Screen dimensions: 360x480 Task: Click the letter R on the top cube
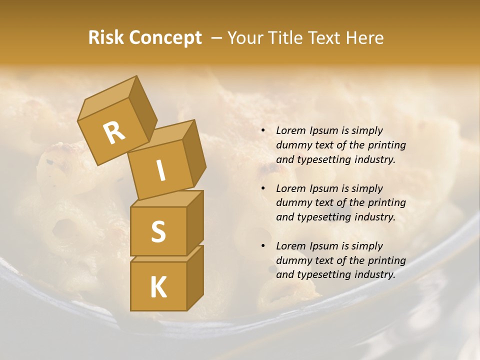tap(114, 133)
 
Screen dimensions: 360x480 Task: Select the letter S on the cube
tap(158, 231)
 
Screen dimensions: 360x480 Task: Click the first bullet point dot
tap(263, 131)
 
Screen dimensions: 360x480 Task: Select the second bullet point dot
tap(263, 189)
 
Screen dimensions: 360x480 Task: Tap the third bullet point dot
tap(263, 246)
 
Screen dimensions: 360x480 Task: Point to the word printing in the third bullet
tap(386, 260)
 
